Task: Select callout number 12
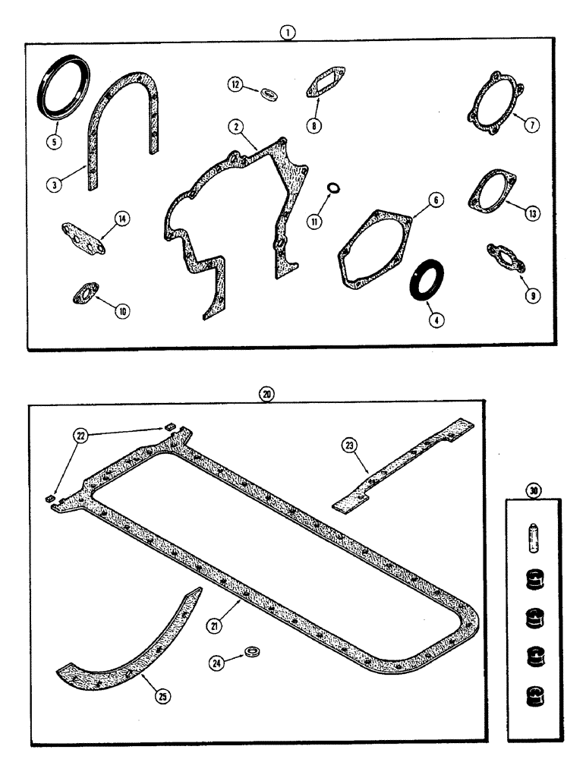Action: (x=237, y=87)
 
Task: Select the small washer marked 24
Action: (x=252, y=653)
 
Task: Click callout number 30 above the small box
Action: (x=534, y=491)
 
